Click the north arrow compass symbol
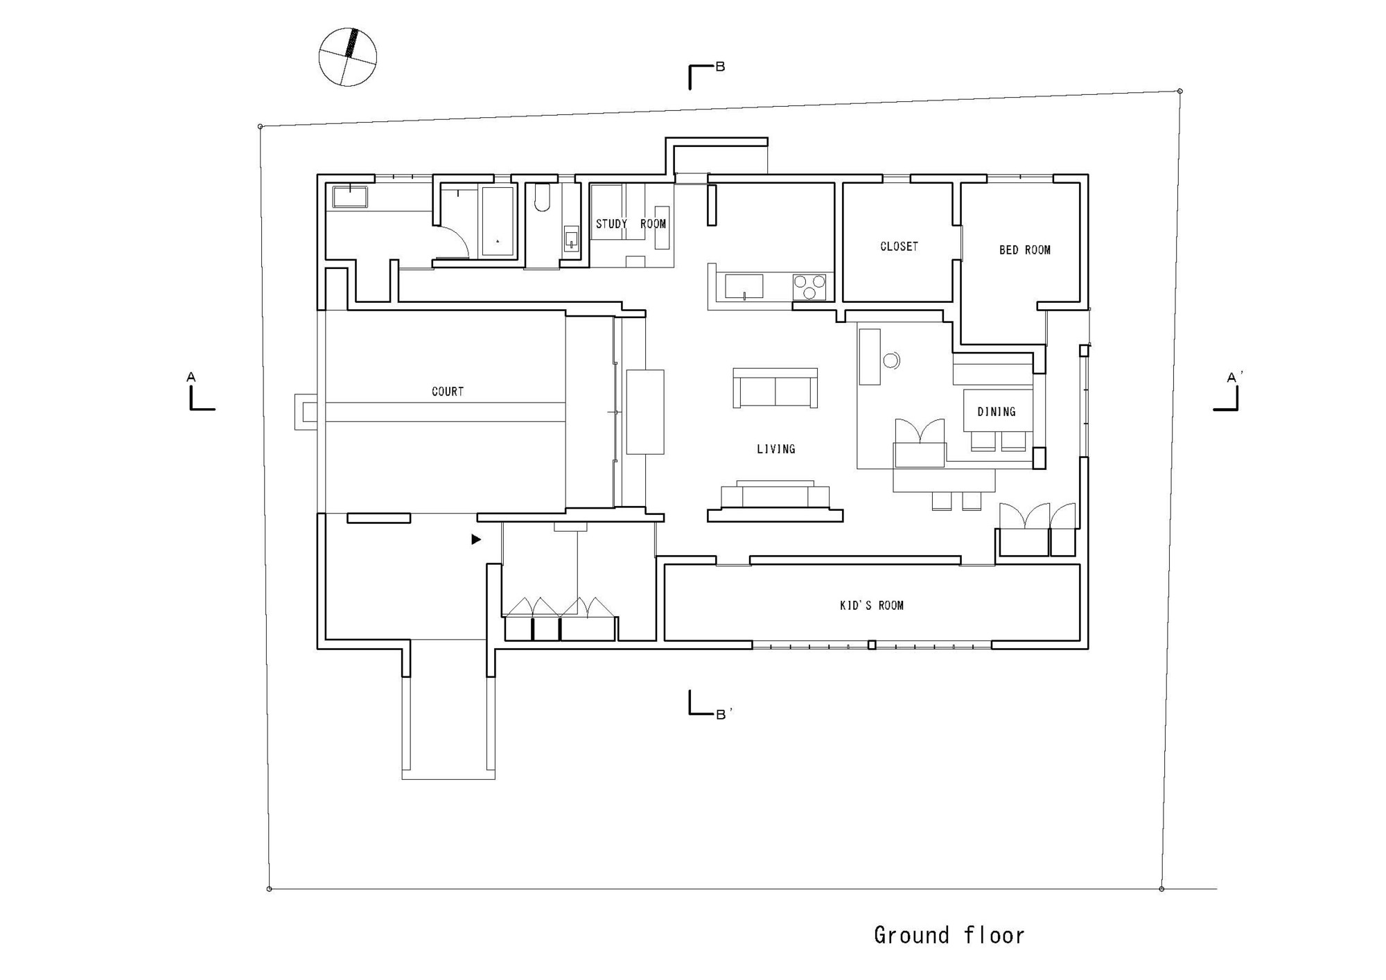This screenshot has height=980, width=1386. point(348,57)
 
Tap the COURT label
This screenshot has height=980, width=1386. point(448,392)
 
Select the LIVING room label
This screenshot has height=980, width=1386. point(776,449)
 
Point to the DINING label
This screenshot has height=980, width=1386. point(997,412)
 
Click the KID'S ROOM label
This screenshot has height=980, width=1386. point(872,606)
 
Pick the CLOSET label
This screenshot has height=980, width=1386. point(899,247)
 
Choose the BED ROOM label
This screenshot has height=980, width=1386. point(1025,250)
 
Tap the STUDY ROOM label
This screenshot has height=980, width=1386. point(631,224)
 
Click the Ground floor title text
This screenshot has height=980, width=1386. point(949,935)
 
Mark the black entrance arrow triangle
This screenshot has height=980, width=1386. point(476,539)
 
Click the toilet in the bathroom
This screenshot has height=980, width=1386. point(542,198)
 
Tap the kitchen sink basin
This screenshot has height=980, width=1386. point(744,286)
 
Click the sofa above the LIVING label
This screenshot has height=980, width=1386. point(775,387)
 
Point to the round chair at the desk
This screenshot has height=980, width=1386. point(892,360)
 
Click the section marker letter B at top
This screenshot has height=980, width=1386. point(720,67)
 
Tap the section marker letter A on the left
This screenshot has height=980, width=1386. point(191,378)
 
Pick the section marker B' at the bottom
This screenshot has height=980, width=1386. point(723,714)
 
